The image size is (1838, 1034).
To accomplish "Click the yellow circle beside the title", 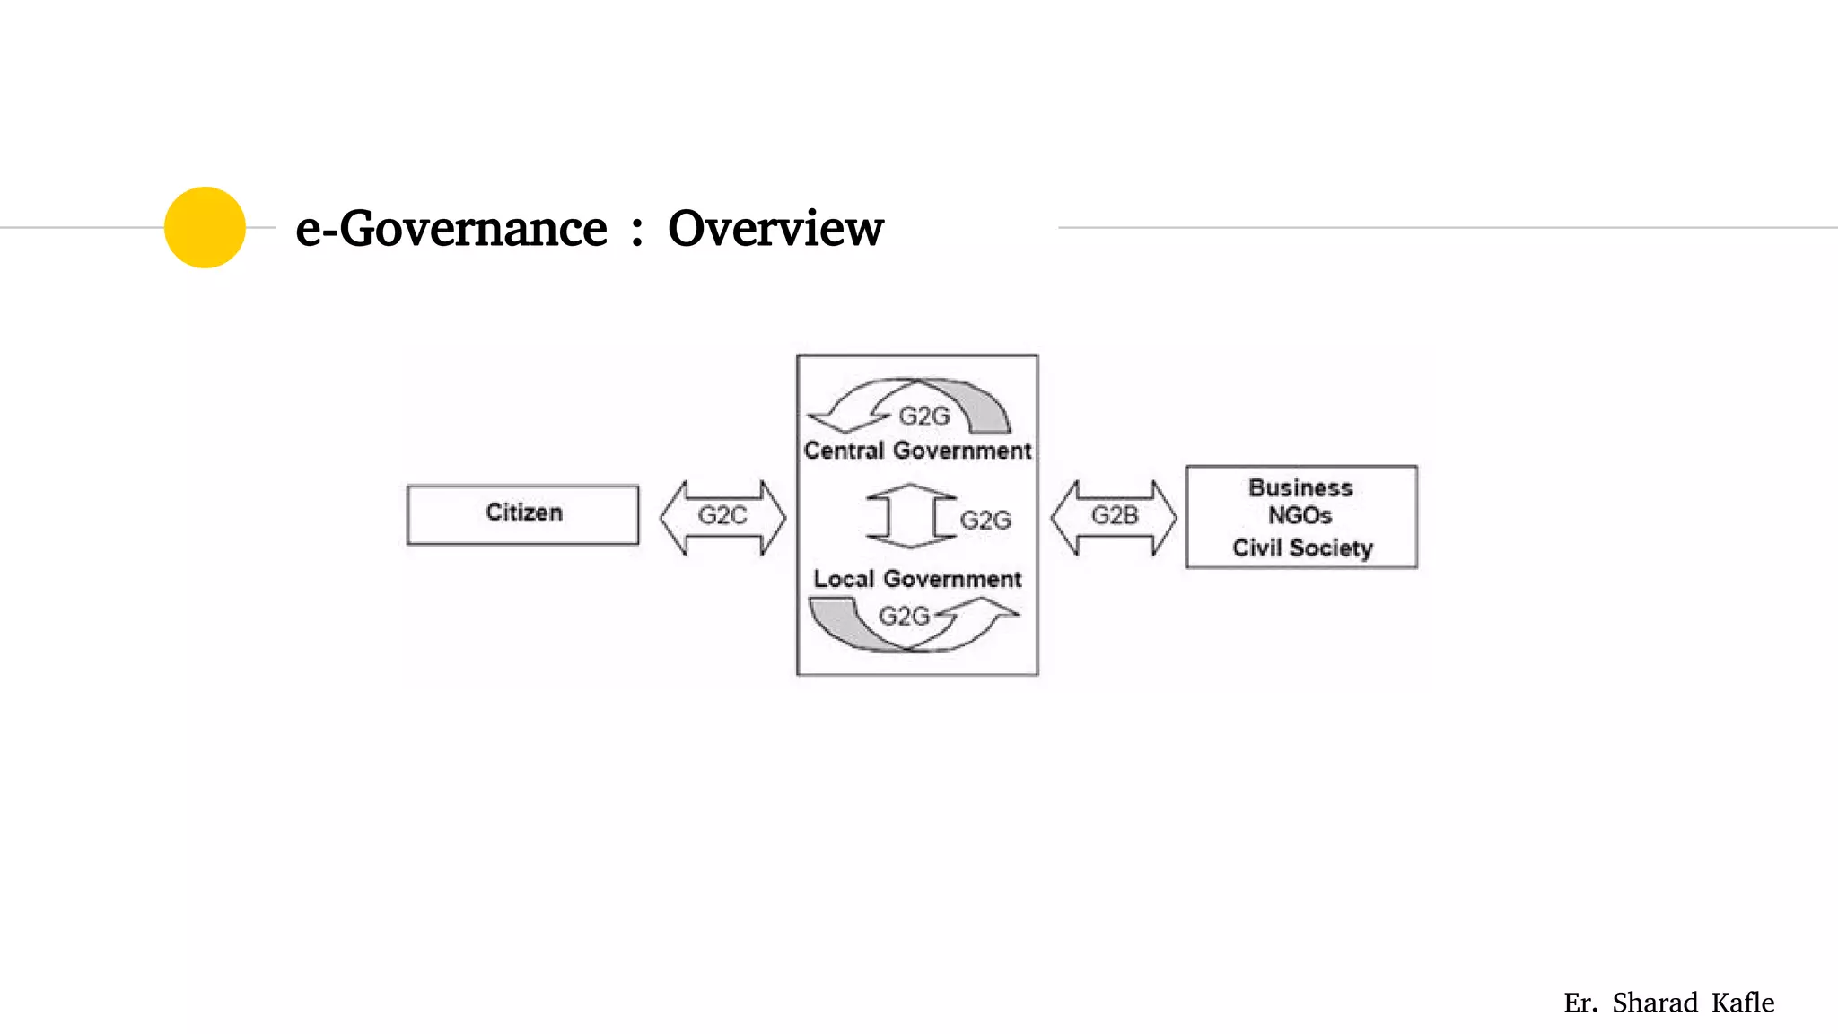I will coord(205,227).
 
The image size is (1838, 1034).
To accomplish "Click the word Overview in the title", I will coord(775,229).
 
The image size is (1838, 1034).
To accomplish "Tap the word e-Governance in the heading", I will coord(451,229).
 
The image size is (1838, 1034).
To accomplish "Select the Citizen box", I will coord(523,514).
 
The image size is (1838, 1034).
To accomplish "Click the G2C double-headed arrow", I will coord(722,517).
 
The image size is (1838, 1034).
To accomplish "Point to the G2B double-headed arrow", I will coord(1114,517).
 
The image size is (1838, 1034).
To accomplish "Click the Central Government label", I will coord(917,451).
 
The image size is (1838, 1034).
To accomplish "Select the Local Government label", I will coord(917,579).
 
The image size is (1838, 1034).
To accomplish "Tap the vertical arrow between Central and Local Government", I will coord(910,516).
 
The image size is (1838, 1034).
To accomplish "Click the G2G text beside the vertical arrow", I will coord(985,521).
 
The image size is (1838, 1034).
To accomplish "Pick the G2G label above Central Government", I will coord(923,416).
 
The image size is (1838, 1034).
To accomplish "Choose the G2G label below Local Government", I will coord(904,617).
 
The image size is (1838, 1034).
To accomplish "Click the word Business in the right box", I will coord(1300,488).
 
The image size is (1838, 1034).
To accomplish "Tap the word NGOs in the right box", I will coord(1300,516).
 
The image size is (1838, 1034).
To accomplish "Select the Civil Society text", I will coord(1302,548).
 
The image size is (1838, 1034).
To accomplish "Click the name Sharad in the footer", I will coord(1655,1003).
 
